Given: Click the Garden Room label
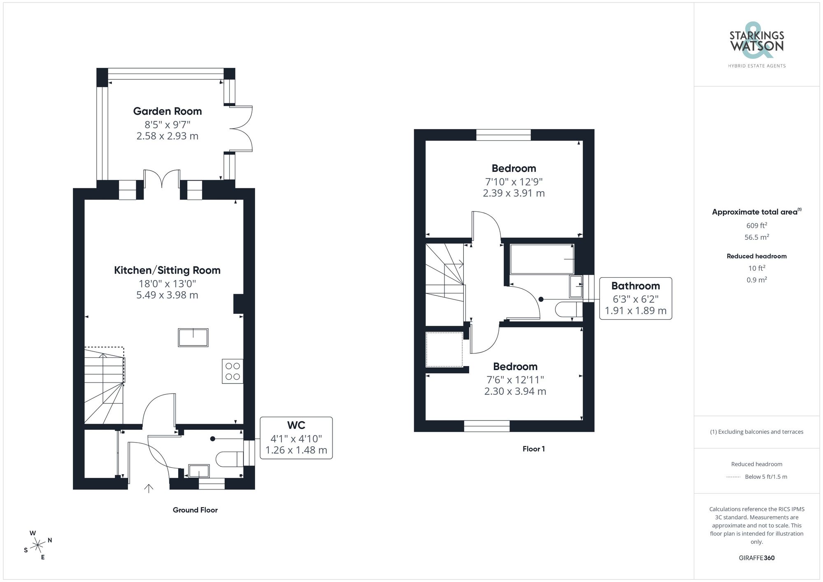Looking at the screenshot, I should pyautogui.click(x=167, y=111).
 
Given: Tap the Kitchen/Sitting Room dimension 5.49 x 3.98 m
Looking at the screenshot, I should pyautogui.click(x=167, y=295).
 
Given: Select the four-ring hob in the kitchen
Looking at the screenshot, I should pyautogui.click(x=232, y=371).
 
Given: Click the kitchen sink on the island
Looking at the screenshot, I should pyautogui.click(x=193, y=338).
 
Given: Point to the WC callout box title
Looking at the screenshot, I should pyautogui.click(x=296, y=425).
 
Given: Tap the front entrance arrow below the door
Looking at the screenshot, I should pyautogui.click(x=149, y=488).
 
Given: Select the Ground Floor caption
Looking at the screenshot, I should pyautogui.click(x=195, y=510).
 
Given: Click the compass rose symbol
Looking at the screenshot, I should pyautogui.click(x=38, y=546).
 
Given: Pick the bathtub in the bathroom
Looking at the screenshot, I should pyautogui.click(x=542, y=259).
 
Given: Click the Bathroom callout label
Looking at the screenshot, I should pyautogui.click(x=635, y=286).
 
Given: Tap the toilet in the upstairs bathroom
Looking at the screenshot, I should pyautogui.click(x=568, y=309).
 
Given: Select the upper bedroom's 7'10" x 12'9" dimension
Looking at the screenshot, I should pyautogui.click(x=514, y=181).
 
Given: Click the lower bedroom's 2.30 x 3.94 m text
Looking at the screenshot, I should pyautogui.click(x=515, y=392).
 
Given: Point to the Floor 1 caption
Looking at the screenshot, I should pyautogui.click(x=533, y=449).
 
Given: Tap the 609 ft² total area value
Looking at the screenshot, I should pyautogui.click(x=756, y=225).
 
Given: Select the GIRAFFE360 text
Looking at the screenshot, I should pyautogui.click(x=756, y=558).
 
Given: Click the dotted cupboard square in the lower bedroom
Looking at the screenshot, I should pyautogui.click(x=444, y=350).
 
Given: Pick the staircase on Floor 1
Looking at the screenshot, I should pyautogui.click(x=445, y=284).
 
